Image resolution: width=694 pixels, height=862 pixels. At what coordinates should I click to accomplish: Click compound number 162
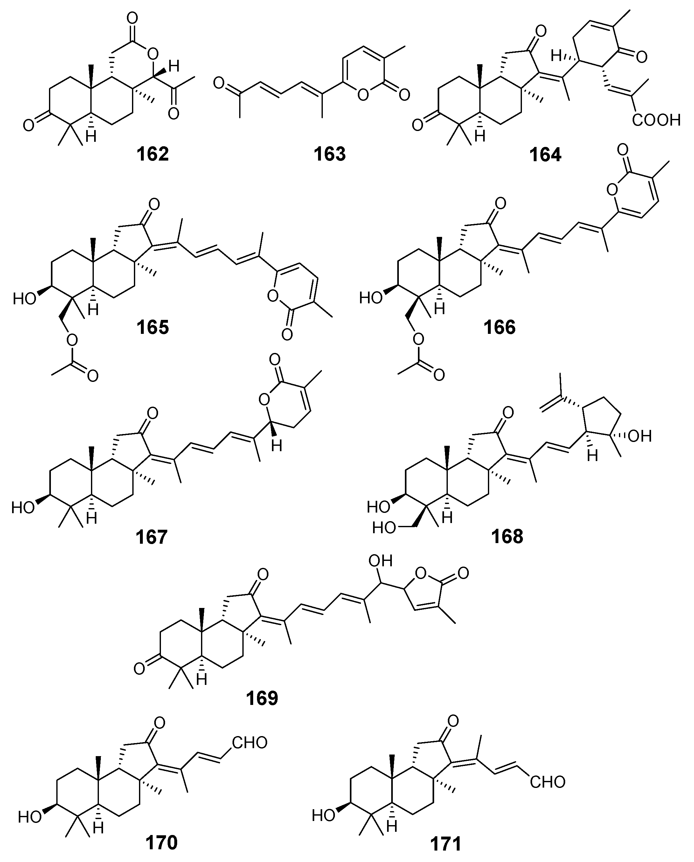coord(153,154)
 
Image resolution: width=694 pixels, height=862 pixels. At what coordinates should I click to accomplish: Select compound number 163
coord(330,154)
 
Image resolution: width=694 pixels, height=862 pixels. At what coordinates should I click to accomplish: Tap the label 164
coord(545,154)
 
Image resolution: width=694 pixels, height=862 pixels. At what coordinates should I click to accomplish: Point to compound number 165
coord(153,328)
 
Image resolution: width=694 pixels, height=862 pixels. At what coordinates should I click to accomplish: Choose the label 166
coord(500,328)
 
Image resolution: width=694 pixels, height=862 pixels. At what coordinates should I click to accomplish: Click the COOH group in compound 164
coord(656,120)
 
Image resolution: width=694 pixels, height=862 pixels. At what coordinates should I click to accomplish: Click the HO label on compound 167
coord(23,508)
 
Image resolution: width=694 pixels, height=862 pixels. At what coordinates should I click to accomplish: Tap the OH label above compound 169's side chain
coord(380,561)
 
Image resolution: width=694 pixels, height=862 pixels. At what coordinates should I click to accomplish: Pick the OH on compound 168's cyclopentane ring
coord(640,436)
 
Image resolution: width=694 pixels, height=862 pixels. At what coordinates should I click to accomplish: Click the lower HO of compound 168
coord(384,528)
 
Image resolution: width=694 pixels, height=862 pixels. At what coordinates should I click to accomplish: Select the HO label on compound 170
coord(30,817)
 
